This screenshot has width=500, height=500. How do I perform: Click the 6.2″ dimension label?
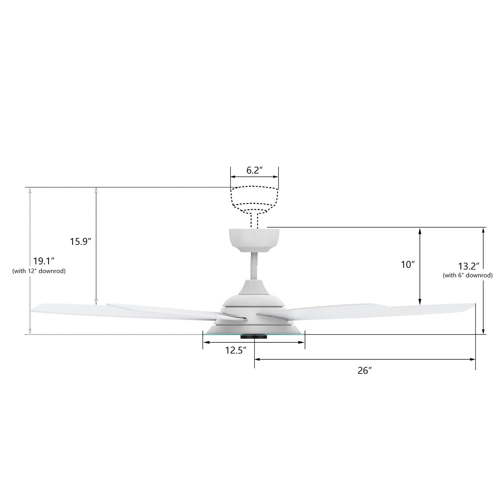[x=255, y=170]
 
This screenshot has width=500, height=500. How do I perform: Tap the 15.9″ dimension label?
[x=80, y=241]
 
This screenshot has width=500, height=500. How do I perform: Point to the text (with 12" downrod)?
[x=39, y=271]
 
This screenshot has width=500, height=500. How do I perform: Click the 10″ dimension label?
[x=408, y=265]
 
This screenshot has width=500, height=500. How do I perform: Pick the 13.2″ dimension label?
[x=469, y=266]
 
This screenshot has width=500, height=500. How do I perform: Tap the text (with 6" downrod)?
[x=467, y=275]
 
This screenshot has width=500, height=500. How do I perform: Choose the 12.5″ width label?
[x=236, y=350]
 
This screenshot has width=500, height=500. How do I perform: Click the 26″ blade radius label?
[x=364, y=370]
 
